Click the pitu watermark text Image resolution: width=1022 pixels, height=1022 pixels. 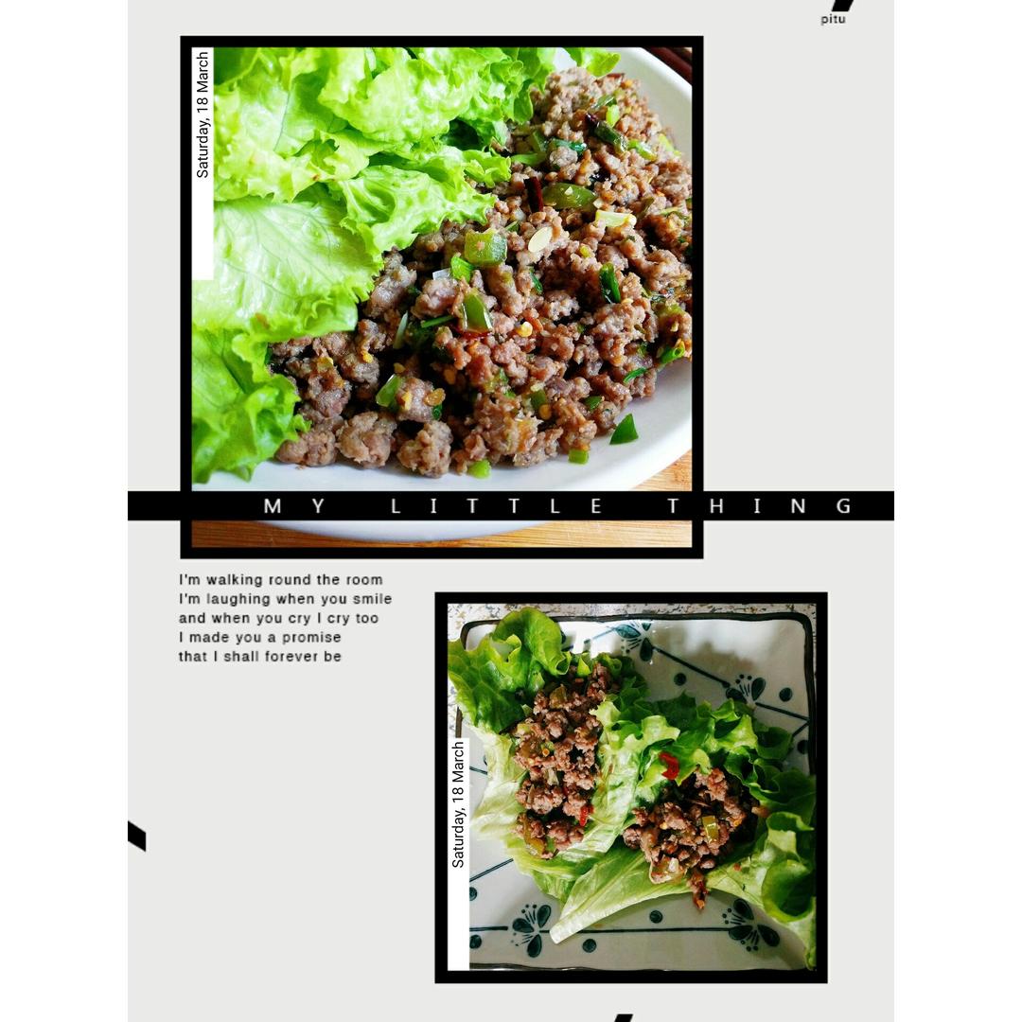tap(833, 19)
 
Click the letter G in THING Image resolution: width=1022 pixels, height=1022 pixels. tap(843, 506)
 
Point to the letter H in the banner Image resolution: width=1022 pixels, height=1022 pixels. tap(716, 506)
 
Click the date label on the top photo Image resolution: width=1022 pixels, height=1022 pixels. tap(203, 115)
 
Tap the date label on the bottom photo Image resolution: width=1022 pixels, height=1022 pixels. tap(458, 804)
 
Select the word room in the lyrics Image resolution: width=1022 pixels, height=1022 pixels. tap(363, 580)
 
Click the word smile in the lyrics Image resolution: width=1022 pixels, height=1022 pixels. tap(371, 599)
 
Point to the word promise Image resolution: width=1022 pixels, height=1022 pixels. tap(311, 637)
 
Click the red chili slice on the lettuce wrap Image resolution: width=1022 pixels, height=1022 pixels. tap(670, 766)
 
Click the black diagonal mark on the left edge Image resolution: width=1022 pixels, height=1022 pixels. tap(136, 836)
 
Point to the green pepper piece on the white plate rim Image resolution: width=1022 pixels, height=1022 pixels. tap(624, 431)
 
